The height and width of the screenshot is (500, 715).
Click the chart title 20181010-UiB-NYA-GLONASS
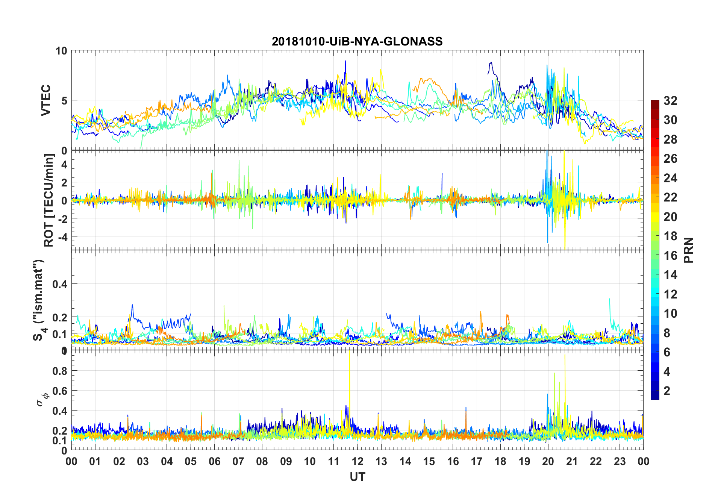click(357, 41)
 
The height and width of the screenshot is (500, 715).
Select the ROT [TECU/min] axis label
click(49, 200)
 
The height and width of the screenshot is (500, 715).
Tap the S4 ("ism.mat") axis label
click(39, 300)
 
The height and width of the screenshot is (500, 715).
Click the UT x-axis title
click(357, 477)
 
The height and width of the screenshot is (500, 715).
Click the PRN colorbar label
click(688, 250)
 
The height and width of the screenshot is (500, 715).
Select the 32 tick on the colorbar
click(670, 101)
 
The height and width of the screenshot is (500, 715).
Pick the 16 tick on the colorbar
click(670, 256)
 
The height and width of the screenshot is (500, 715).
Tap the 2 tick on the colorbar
click(667, 391)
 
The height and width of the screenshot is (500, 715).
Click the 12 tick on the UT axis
click(357, 461)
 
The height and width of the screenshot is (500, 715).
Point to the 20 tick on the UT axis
click(548, 461)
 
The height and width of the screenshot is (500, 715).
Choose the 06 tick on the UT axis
click(214, 461)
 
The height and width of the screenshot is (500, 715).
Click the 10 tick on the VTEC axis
click(61, 51)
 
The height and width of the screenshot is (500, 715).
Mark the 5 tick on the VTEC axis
click(64, 100)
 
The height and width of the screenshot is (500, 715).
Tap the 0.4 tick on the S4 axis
click(60, 284)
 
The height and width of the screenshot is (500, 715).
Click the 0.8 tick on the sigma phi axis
click(60, 371)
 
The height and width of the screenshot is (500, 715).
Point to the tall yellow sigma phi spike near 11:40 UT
click(350, 361)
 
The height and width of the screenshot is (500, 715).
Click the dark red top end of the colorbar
click(655, 103)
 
